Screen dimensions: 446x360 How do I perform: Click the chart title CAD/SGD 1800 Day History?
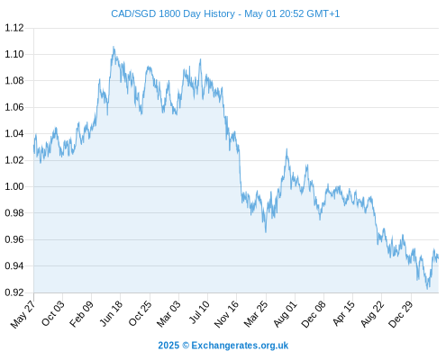coord(173,13)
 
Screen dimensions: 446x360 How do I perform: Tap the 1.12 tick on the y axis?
coord(14,28)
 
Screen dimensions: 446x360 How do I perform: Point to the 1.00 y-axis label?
coord(14,186)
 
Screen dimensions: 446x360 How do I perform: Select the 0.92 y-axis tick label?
coord(14,292)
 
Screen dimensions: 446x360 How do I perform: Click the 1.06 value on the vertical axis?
coord(14,107)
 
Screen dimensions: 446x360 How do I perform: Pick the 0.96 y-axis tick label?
coord(14,239)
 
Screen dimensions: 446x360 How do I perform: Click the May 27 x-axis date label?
coord(23,314)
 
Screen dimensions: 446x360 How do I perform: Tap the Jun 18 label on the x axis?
coord(111,313)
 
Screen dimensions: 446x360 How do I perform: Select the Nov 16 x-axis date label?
coord(226,314)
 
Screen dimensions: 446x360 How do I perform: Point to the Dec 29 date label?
coord(400,314)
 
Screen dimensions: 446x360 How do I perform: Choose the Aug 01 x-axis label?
coord(285,314)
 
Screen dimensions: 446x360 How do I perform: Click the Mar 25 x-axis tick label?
coord(256,314)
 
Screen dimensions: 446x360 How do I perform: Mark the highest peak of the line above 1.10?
coord(114,47)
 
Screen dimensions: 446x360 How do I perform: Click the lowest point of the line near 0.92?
coord(427,289)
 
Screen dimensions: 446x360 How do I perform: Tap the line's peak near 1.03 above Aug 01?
coord(287,148)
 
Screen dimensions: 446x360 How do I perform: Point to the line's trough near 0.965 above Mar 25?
coord(266,232)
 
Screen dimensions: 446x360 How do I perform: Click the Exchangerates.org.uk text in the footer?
coord(240,346)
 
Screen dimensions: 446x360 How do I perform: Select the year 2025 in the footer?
coord(168,346)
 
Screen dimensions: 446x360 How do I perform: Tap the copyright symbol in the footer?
coord(186,346)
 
